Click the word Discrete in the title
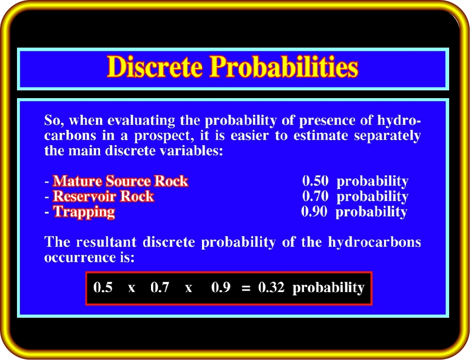click(155, 67)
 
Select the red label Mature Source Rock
click(120, 181)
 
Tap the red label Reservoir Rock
click(103, 196)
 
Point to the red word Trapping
click(84, 212)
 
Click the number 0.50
click(315, 181)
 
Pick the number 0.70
click(315, 196)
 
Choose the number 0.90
click(314, 211)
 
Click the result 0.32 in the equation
click(271, 288)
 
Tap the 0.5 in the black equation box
click(103, 288)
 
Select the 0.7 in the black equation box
click(160, 288)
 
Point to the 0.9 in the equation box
click(220, 288)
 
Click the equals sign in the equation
click(246, 289)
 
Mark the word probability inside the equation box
click(329, 288)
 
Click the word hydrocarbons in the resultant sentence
click(374, 242)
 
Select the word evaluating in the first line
click(141, 121)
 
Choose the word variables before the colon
click(191, 151)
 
